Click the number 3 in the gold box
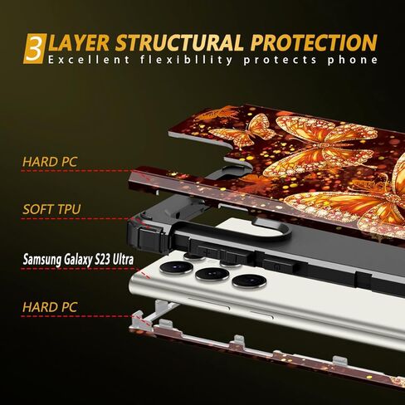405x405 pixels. (x=34, y=49)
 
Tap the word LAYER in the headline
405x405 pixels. (x=79, y=43)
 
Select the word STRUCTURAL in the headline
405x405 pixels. (x=179, y=43)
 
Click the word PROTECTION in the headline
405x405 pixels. (x=314, y=42)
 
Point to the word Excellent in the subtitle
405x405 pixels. (x=89, y=60)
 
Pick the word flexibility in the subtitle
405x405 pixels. (x=186, y=60)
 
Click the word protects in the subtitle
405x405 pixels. (x=280, y=61)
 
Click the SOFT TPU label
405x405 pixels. (x=51, y=209)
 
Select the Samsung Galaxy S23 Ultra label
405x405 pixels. (x=78, y=260)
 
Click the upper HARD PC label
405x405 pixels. (x=50, y=162)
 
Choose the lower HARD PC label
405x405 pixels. (x=50, y=307)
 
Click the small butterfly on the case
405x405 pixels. (x=243, y=131)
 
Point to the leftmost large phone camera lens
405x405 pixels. (x=176, y=267)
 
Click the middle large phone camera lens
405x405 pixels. (x=212, y=274)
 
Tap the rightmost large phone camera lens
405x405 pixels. (x=249, y=281)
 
